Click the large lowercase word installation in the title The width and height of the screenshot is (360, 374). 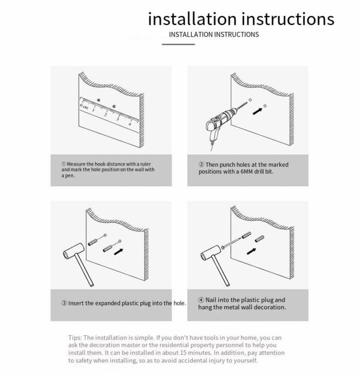click(192, 19)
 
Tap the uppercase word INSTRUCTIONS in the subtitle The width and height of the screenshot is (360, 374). click(235, 34)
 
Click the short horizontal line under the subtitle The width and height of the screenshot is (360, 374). click(178, 44)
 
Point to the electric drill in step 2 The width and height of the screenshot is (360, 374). click(223, 124)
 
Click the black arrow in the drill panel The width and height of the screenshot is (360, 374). click(258, 111)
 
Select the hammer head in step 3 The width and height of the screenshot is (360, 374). click(74, 252)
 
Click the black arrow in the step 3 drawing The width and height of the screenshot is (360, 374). click(118, 252)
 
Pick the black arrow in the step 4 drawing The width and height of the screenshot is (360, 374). click(251, 251)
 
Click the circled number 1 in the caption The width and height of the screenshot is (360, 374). click(63, 164)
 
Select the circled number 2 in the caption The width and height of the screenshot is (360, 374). click(201, 165)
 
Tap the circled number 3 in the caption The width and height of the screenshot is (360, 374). click(64, 303)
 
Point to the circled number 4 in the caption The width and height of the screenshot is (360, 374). click(201, 300)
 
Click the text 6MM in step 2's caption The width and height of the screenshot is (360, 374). click(246, 171)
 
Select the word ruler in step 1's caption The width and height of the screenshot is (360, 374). click(146, 164)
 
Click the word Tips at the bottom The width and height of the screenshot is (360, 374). click(75, 338)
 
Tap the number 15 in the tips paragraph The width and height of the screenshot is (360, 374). click(183, 353)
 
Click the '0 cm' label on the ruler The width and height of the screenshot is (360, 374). click(84, 106)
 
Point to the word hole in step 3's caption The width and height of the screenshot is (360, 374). click(179, 304)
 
